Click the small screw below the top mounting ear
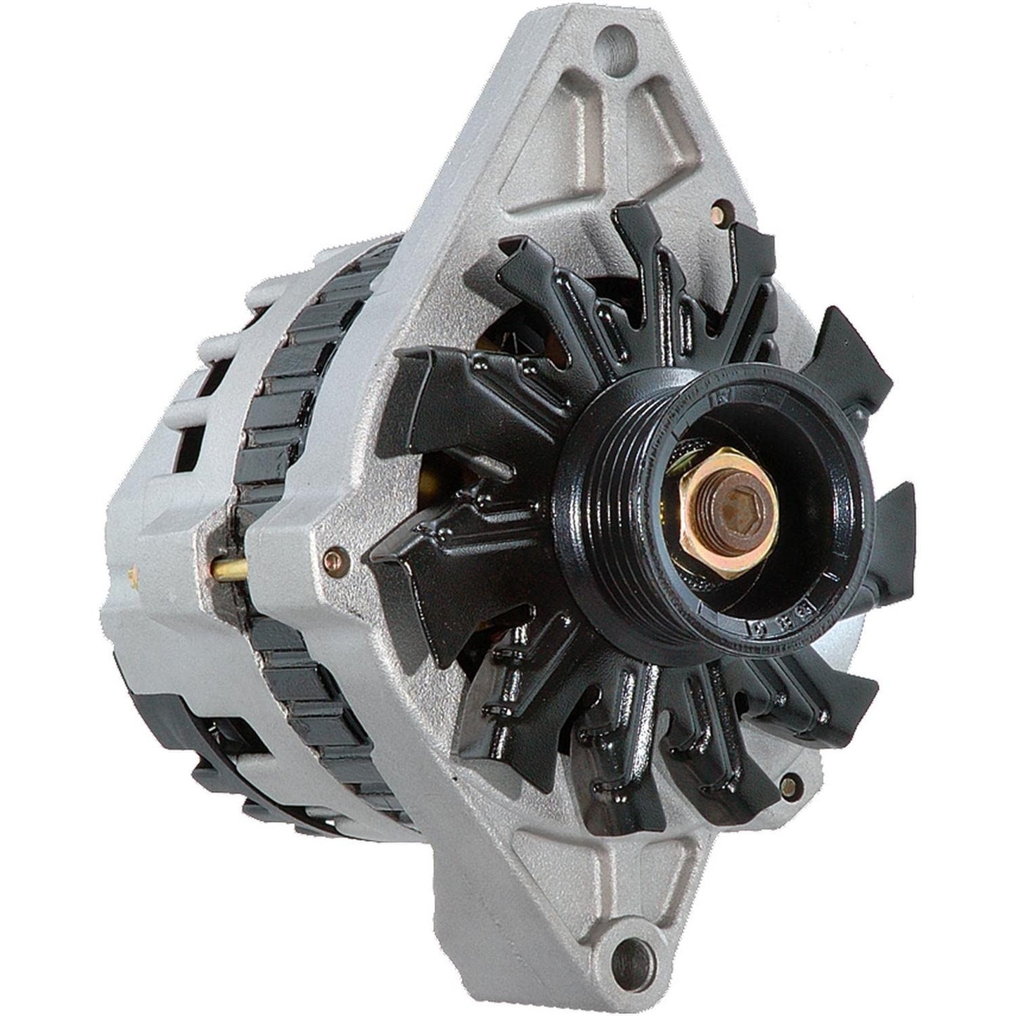[717, 210]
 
